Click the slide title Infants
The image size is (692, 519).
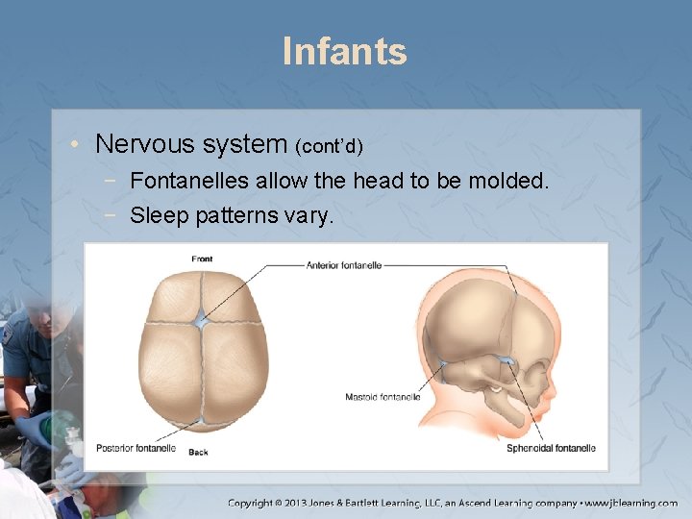tap(345, 51)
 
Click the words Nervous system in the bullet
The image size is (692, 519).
tap(191, 144)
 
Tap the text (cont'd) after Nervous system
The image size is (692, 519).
tap(329, 147)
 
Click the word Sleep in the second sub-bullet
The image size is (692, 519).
tap(160, 215)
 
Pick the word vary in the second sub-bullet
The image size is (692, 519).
tap(308, 216)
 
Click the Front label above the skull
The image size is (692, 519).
tap(202, 259)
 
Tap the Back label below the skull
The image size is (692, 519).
tap(198, 452)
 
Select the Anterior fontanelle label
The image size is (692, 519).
tap(344, 265)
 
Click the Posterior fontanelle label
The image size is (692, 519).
tap(136, 448)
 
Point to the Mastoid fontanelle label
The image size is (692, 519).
tap(383, 397)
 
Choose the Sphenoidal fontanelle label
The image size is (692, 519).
tap(551, 448)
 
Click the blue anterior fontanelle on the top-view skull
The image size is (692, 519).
tap(200, 319)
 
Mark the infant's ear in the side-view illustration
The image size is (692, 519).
tap(495, 391)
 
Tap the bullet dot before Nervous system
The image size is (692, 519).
tap(75, 146)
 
